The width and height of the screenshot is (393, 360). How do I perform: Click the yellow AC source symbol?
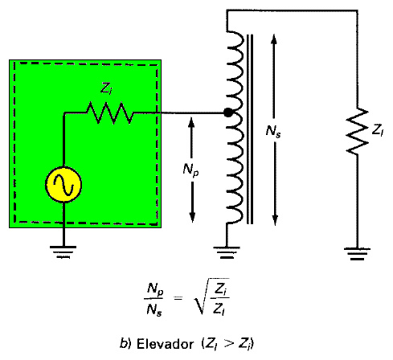click(63, 185)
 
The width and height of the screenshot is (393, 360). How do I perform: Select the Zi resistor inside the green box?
click(109, 112)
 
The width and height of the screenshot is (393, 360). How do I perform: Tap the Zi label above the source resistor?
click(106, 88)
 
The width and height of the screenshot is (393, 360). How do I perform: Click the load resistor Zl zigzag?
click(357, 131)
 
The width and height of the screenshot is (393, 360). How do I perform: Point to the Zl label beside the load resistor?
click(378, 131)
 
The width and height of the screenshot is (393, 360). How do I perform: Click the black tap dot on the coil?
click(228, 112)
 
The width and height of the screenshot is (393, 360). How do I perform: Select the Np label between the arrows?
click(191, 170)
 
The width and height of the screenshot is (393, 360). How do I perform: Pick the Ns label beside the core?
click(273, 131)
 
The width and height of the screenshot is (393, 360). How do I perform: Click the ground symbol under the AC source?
click(63, 252)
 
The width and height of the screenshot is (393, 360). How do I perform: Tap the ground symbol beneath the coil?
click(227, 252)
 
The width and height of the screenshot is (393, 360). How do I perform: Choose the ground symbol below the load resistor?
click(357, 254)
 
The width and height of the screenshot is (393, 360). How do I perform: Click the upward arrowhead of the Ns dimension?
click(274, 39)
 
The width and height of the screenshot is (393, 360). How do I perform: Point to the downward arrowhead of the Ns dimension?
click(275, 220)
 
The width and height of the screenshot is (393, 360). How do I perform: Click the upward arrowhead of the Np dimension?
click(191, 122)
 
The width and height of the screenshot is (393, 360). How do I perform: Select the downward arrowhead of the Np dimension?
click(192, 217)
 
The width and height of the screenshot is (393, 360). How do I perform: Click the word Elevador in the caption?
click(165, 344)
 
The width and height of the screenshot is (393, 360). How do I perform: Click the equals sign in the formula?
click(178, 298)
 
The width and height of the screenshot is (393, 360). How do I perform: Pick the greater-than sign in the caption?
click(229, 343)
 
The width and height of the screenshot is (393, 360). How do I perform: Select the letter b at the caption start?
click(123, 344)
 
